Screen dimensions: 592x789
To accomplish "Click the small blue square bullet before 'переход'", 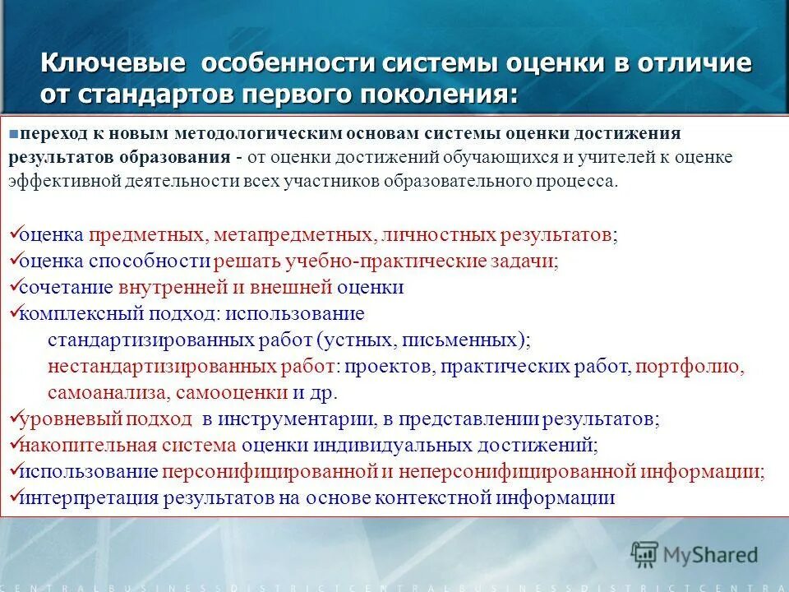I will (x=15, y=132).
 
